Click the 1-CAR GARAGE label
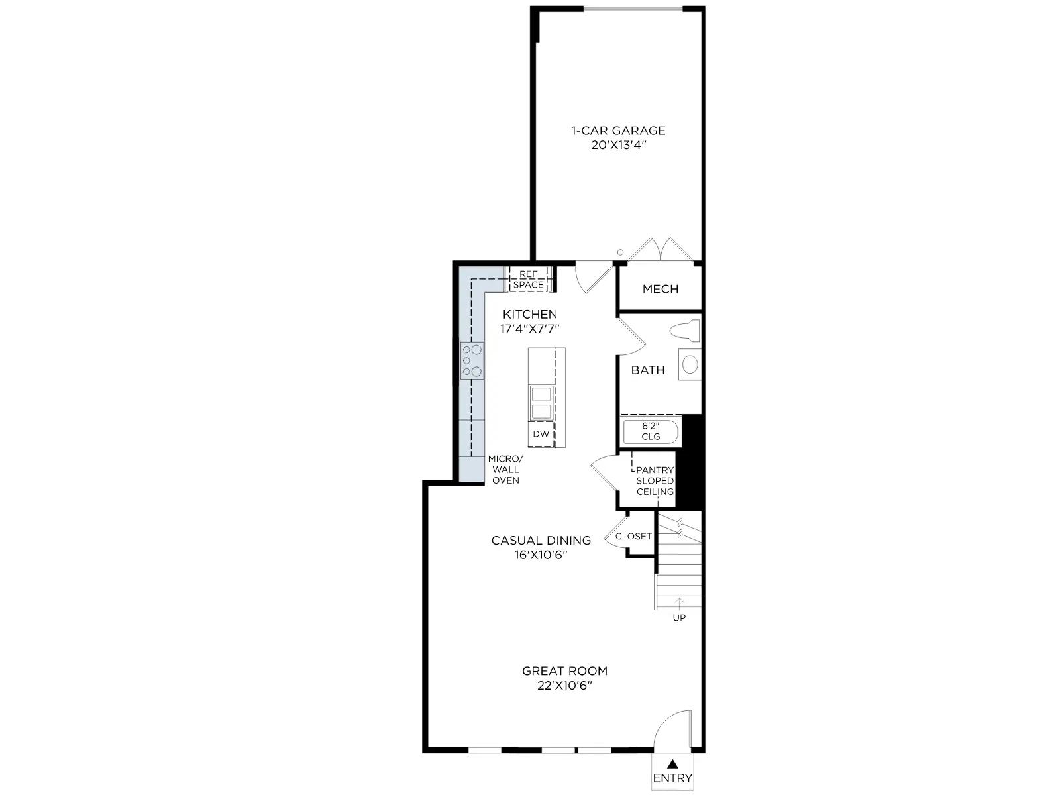[618, 131]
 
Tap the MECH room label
[660, 289]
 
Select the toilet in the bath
[685, 331]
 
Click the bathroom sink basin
[690, 364]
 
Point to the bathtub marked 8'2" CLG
[651, 432]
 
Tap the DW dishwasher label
[541, 434]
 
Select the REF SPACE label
[528, 280]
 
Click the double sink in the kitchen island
[541, 403]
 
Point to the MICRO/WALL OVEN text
[505, 469]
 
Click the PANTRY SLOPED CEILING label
[655, 481]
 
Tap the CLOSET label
[633, 536]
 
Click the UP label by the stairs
[679, 618]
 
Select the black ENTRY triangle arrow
[672, 764]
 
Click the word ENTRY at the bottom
[672, 778]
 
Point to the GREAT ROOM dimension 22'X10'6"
[564, 686]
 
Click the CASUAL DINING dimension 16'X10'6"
[541, 555]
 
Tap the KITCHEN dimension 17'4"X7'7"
[530, 329]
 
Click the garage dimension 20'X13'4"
[618, 145]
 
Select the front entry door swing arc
[662, 720]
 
